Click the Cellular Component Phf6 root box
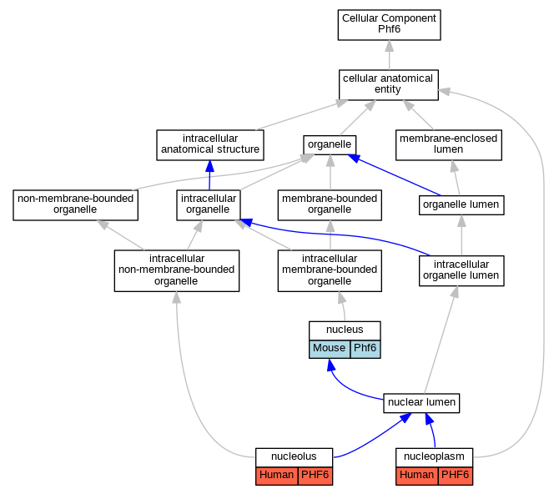click(389, 25)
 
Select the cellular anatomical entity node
click(389, 85)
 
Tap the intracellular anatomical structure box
click(210, 145)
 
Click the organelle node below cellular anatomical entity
click(330, 145)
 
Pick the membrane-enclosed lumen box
click(449, 145)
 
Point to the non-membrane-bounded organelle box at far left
click(76, 205)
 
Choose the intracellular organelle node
click(209, 205)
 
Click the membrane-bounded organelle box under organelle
click(330, 205)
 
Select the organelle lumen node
click(461, 205)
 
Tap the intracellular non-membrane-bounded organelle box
click(177, 270)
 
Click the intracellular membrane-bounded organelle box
click(330, 270)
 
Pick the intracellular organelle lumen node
click(461, 271)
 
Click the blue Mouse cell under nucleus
click(330, 349)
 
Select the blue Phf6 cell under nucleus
click(365, 349)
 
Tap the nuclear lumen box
click(421, 403)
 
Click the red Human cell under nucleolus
click(277, 476)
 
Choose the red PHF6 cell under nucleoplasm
click(456, 476)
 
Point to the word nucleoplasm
click(434, 456)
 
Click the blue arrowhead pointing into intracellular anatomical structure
click(209, 166)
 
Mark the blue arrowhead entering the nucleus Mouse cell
click(331, 365)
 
